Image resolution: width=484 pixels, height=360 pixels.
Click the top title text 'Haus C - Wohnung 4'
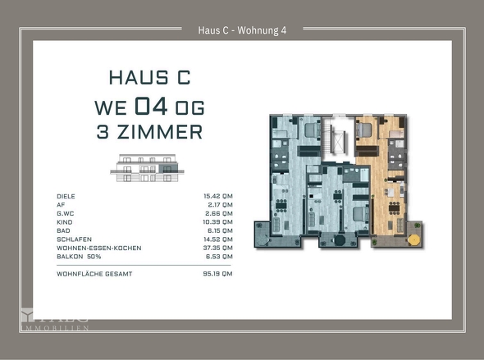point(242,30)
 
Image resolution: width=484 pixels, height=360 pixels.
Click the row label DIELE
point(66,197)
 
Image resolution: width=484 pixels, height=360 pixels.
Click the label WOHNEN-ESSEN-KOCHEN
point(99,248)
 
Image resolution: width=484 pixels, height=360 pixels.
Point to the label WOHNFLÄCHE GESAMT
point(94,274)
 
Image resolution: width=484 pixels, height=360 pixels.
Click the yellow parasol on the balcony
point(413,239)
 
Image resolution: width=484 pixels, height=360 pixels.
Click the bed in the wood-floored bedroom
point(367,130)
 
